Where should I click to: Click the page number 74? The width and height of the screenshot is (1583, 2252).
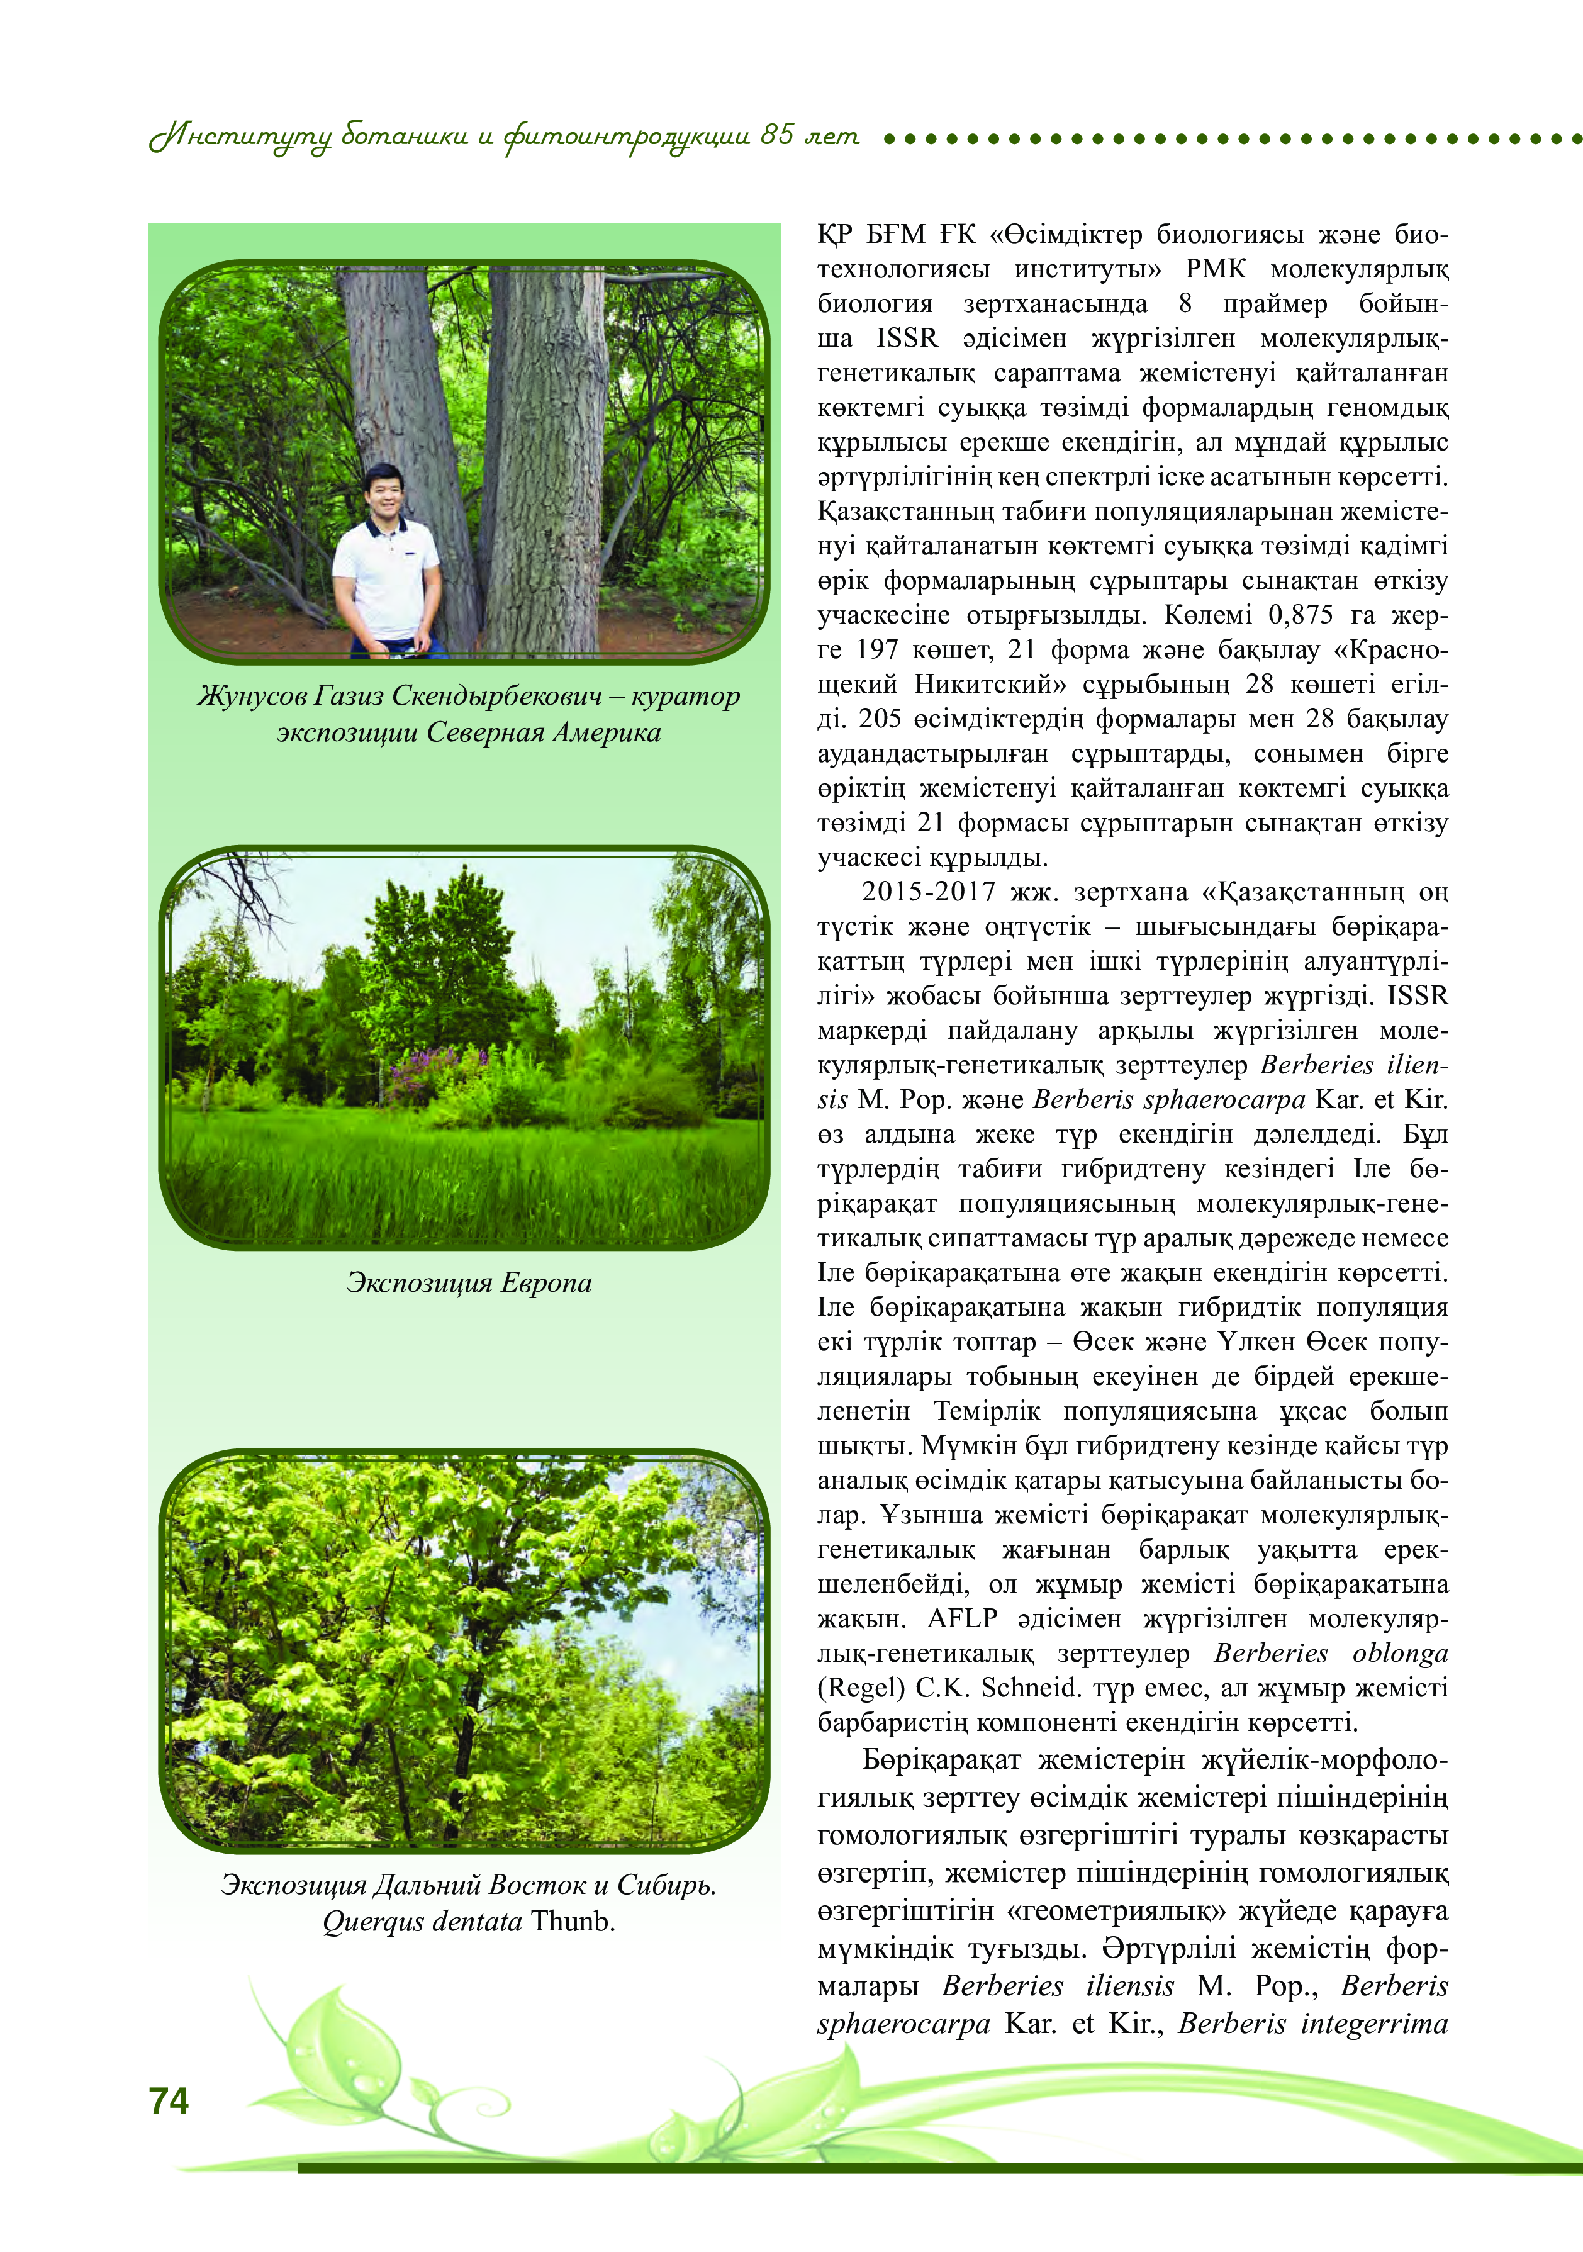click(169, 2100)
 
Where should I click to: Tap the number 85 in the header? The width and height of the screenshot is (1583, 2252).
click(777, 135)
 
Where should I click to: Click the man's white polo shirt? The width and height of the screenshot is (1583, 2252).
click(386, 579)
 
